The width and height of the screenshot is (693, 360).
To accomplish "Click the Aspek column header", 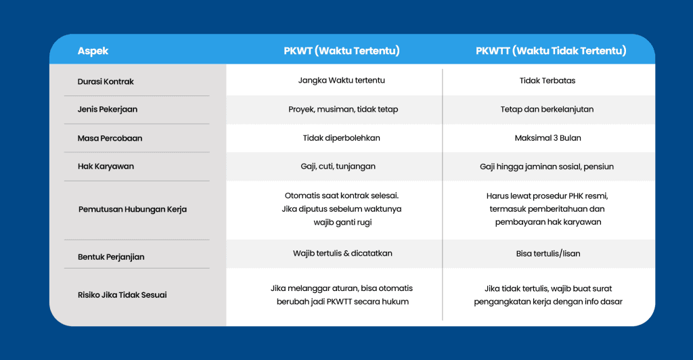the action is point(93,51).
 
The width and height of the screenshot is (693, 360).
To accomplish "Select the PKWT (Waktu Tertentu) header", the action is point(342,51).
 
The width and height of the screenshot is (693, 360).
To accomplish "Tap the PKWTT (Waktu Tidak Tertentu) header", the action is point(551,51).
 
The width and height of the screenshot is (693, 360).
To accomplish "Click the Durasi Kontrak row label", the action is point(106,81).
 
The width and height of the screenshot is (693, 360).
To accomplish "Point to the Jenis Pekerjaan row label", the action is point(108,110).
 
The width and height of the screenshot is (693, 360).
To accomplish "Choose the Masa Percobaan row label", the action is point(110,138).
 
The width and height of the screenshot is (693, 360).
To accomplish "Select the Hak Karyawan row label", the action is point(106,166).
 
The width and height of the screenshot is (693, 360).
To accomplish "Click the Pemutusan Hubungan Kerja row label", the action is point(133,209).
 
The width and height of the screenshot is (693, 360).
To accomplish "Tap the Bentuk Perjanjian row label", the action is point(111,257).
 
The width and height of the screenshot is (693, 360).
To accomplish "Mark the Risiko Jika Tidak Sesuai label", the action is point(122,294).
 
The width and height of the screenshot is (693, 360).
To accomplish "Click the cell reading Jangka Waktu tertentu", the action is point(342,81).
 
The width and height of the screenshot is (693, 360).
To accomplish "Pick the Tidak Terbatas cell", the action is point(547,81).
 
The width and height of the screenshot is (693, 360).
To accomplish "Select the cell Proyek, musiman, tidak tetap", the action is point(343,109).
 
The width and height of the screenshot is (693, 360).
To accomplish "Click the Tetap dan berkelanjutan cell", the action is point(547,109).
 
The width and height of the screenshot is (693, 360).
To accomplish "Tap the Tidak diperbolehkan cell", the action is point(342,138).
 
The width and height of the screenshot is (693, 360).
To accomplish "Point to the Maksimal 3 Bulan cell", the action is point(548,138).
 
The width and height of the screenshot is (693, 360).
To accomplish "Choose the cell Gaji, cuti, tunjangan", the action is point(338,166).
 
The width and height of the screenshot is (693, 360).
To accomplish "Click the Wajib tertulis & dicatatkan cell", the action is point(342,253).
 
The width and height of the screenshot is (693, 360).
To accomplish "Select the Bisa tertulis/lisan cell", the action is point(548,254).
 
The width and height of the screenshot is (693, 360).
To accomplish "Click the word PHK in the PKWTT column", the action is point(575,196).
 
